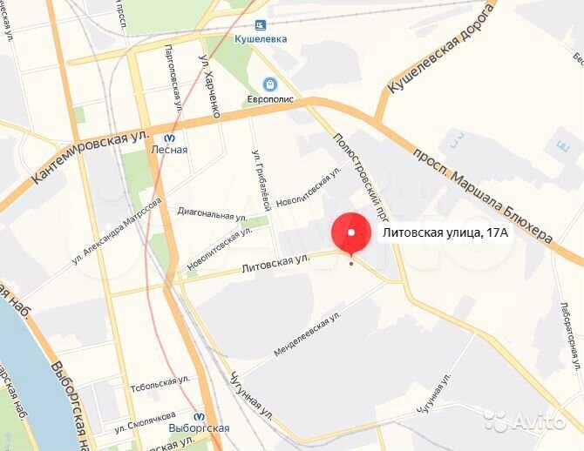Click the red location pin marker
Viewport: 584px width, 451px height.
351,234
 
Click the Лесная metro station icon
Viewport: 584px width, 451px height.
169,136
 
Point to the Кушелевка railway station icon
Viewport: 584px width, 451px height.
260,26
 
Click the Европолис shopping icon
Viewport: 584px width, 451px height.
269,84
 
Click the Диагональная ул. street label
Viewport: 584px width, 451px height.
212,214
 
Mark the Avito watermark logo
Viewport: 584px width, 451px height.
531,422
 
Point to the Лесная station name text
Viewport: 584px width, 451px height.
169,150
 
